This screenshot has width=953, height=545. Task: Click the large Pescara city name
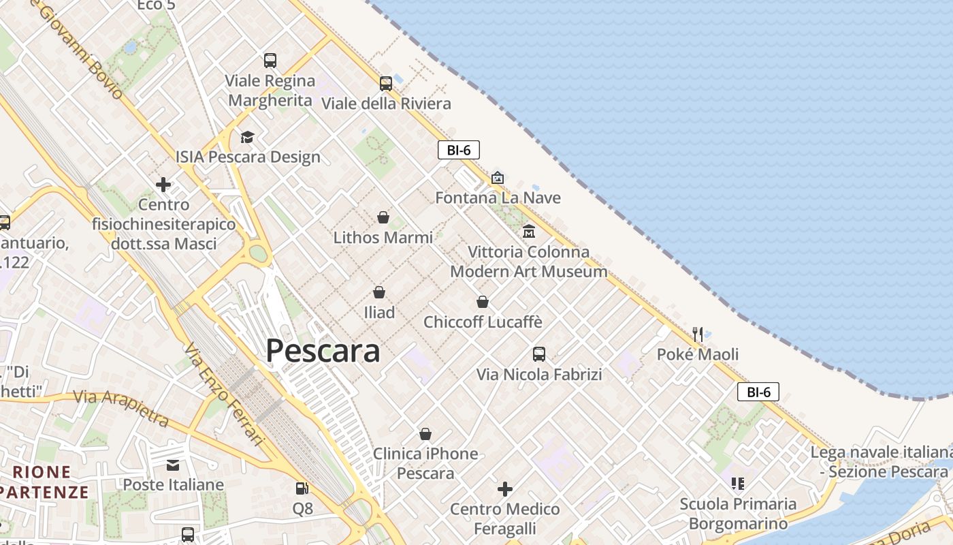point(323,351)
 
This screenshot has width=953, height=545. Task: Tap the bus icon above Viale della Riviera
point(386,84)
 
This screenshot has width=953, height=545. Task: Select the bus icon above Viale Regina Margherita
point(270,61)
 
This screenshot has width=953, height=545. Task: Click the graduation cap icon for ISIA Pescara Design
point(247,137)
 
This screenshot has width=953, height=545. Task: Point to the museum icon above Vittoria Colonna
point(529,232)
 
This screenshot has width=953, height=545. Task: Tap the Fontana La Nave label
point(498,198)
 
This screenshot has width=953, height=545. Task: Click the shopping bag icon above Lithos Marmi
point(383,217)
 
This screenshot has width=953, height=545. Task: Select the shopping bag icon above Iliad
point(379,292)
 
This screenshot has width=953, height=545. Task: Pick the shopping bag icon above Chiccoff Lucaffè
point(483,301)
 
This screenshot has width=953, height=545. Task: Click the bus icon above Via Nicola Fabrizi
point(539,354)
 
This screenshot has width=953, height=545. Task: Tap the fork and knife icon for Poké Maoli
point(698,334)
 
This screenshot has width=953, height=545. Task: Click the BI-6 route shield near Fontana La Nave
point(459,150)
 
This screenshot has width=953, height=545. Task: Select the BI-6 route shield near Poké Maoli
point(758,392)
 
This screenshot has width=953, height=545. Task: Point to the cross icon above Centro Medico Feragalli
point(505,488)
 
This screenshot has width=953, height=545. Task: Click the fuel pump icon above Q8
point(302,488)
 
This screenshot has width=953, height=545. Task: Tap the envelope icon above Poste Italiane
point(173,465)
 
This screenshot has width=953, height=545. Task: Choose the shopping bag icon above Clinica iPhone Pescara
point(425,434)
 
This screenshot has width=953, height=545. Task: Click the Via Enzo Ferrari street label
point(223,394)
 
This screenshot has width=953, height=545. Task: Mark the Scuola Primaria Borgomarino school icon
point(738,484)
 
